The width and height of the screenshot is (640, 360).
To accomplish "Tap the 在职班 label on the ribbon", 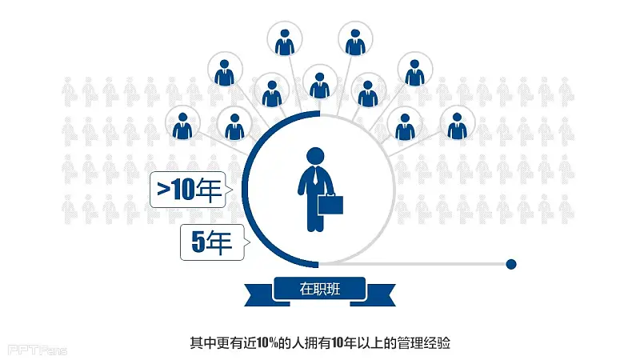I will click(319, 290).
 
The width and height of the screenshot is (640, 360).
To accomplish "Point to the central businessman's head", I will click(315, 156).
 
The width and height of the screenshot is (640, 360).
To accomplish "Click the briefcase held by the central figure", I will click(331, 204).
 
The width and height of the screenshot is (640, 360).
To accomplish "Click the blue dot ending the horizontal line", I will click(511, 263).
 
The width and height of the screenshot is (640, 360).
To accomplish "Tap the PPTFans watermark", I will click(37, 350).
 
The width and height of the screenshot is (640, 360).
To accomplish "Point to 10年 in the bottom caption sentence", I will click(344, 344).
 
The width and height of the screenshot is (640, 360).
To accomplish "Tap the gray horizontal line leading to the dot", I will click(416, 263).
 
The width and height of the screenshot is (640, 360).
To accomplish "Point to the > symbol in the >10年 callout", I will click(162, 190).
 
